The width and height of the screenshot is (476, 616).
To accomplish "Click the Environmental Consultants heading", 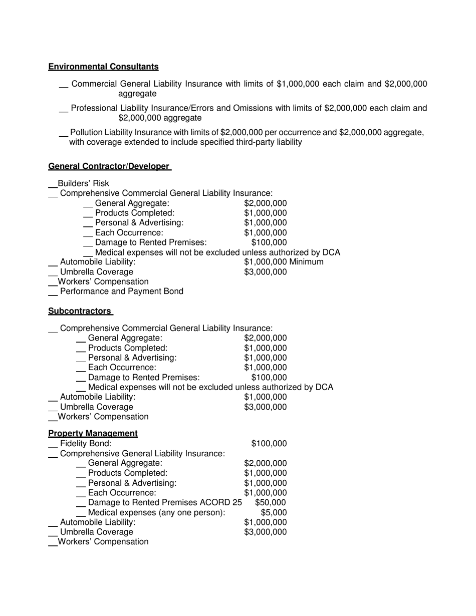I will (x=103, y=67).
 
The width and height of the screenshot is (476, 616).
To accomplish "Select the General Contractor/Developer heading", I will (x=109, y=166).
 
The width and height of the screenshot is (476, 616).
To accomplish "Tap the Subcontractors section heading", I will (x=80, y=311).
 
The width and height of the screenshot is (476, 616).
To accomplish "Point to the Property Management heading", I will (x=93, y=433).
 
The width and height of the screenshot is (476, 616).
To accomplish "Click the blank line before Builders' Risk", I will (x=53, y=186).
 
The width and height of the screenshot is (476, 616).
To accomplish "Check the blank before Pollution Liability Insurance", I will (x=64, y=136).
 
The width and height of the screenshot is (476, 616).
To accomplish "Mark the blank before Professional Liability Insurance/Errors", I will (x=64, y=111).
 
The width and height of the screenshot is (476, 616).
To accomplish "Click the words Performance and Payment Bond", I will (x=121, y=291).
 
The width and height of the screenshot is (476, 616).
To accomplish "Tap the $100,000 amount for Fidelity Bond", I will (x=269, y=444).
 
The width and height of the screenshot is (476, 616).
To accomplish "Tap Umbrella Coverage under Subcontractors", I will (x=96, y=407).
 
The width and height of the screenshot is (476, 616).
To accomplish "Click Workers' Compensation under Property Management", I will (x=103, y=542).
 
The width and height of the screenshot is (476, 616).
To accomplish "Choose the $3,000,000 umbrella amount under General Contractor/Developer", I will (x=266, y=272).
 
